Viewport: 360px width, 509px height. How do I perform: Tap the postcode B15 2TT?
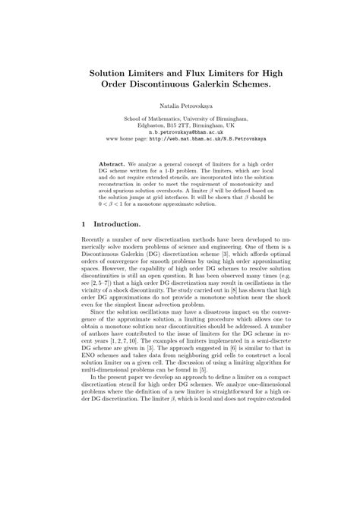(x=173, y=125)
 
